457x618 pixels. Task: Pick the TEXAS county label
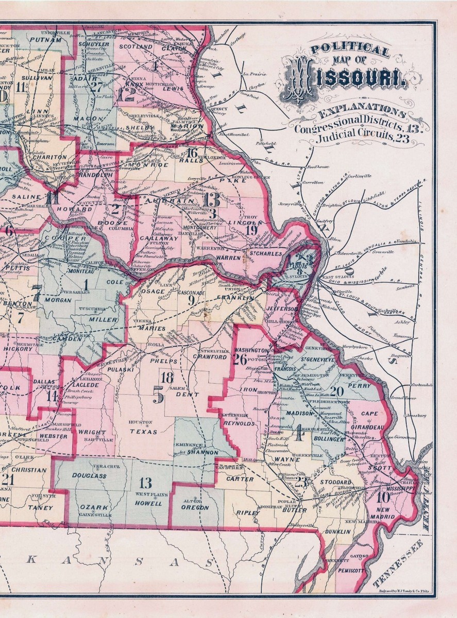point(143,432)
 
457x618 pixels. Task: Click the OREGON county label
point(195,507)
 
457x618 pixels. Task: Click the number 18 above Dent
point(168,377)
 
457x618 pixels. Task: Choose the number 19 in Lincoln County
point(251,230)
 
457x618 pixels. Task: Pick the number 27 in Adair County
point(96,86)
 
